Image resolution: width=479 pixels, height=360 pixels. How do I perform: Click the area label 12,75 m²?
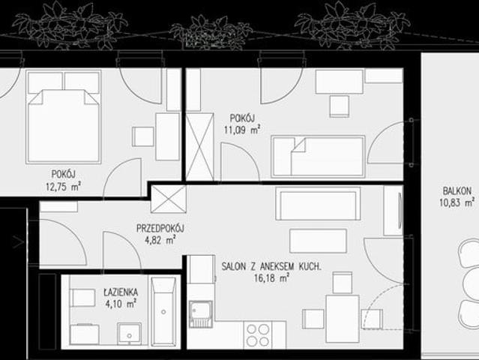coord(63,186)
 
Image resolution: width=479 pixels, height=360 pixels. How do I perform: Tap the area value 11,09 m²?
coord(242,130)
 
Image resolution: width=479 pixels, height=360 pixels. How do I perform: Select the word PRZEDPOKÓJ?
coord(160,228)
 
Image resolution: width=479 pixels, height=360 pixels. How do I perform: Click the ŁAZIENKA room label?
coord(121,292)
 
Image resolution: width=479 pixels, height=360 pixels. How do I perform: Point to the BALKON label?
coord(457,191)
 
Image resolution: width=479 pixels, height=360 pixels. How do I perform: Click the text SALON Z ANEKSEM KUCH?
coord(271,266)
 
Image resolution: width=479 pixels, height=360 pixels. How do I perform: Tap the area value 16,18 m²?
coord(271,278)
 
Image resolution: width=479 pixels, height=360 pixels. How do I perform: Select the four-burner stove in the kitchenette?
coord(258,335)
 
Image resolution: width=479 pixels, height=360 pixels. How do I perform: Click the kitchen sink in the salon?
coord(201,313)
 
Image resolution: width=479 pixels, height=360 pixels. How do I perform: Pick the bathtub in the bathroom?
coord(163,311)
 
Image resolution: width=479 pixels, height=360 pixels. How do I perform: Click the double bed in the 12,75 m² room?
coord(64,117)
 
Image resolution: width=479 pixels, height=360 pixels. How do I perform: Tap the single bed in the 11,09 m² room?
coord(318,157)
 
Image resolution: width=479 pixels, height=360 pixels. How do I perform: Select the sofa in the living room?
coord(318,203)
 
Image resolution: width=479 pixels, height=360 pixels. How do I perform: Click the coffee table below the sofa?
coord(318,241)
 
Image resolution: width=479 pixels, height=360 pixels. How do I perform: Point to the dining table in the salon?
coord(343,319)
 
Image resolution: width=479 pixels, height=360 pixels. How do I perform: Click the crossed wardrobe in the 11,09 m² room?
coord(200,147)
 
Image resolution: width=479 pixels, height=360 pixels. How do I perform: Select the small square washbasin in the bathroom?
coord(130,334)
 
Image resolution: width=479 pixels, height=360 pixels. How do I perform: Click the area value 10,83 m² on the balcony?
coord(457,202)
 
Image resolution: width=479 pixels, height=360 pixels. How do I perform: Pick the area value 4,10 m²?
coord(121,304)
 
